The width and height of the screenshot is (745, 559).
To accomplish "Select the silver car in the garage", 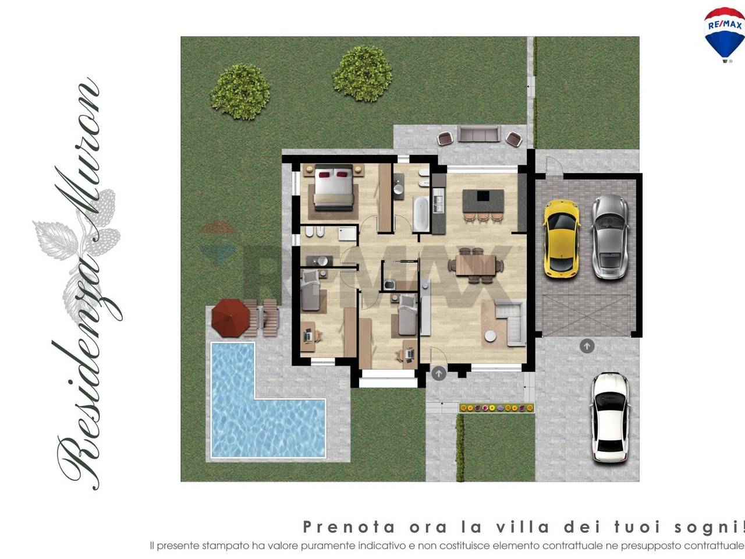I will click(x=610, y=236).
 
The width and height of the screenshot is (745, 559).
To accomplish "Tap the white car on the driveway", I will click(x=609, y=417).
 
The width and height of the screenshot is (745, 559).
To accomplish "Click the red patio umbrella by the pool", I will click(x=230, y=318).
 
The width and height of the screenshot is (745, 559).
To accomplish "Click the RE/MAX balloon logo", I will click(x=724, y=33).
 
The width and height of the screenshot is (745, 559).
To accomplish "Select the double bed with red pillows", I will click(x=334, y=189).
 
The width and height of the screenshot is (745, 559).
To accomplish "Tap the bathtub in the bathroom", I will click(x=421, y=214).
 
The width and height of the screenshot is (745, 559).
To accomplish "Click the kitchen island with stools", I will click(x=483, y=201).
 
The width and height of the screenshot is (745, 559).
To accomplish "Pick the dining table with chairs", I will click(x=476, y=266).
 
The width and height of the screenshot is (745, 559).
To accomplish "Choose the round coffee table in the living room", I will click(x=491, y=336).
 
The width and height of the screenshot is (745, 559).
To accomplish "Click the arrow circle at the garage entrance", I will click(x=587, y=346).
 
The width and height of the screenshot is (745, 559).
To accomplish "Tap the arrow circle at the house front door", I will click(x=439, y=373).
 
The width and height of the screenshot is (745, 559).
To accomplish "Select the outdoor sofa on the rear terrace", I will click(x=478, y=134).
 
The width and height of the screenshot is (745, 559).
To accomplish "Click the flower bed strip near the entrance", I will click(x=496, y=408).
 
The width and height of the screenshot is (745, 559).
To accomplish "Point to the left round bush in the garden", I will click(x=240, y=91).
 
